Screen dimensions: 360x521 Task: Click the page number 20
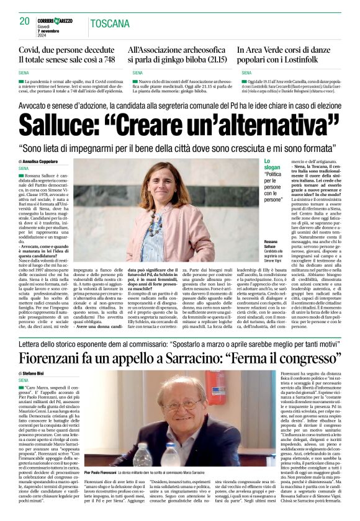tap(25, 21)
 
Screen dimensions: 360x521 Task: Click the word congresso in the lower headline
tap(306, 357)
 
